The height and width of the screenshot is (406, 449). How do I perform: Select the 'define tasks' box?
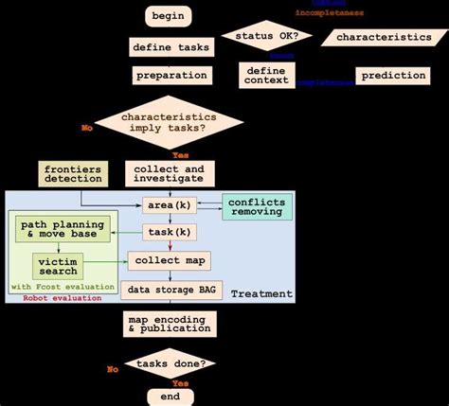(171, 46)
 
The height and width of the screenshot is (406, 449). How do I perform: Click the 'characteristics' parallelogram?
(382, 37)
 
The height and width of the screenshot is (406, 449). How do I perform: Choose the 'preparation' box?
(171, 75)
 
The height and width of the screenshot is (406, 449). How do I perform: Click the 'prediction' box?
(391, 75)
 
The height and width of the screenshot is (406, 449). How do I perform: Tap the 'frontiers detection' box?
(72, 173)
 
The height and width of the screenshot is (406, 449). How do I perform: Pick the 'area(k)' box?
(170, 204)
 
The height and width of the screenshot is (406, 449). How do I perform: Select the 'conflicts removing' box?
(257, 206)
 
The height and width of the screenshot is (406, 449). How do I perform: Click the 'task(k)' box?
(170, 232)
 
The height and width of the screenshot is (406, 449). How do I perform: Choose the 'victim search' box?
(58, 265)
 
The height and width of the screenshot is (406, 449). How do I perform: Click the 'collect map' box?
(170, 260)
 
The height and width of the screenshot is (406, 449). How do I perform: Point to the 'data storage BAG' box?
(171, 291)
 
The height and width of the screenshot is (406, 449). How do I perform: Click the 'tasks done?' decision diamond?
(171, 363)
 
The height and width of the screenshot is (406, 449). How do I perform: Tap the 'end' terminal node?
(171, 395)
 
